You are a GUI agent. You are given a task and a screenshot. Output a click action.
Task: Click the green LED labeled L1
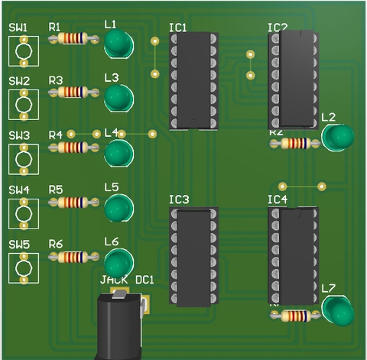118,45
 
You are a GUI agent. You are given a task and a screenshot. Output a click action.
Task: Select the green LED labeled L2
338,138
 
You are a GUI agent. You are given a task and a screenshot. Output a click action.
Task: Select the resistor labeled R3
73,92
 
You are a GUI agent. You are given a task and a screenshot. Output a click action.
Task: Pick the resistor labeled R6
73,256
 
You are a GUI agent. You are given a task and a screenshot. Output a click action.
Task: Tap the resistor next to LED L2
296,143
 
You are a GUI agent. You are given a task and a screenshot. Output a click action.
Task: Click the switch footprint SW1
24,51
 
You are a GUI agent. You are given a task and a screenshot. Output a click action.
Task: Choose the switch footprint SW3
24,160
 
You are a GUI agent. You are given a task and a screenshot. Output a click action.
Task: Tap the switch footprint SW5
24,268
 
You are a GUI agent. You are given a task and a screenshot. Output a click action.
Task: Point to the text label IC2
278,28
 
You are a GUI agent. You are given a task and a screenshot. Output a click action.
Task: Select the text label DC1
145,281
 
